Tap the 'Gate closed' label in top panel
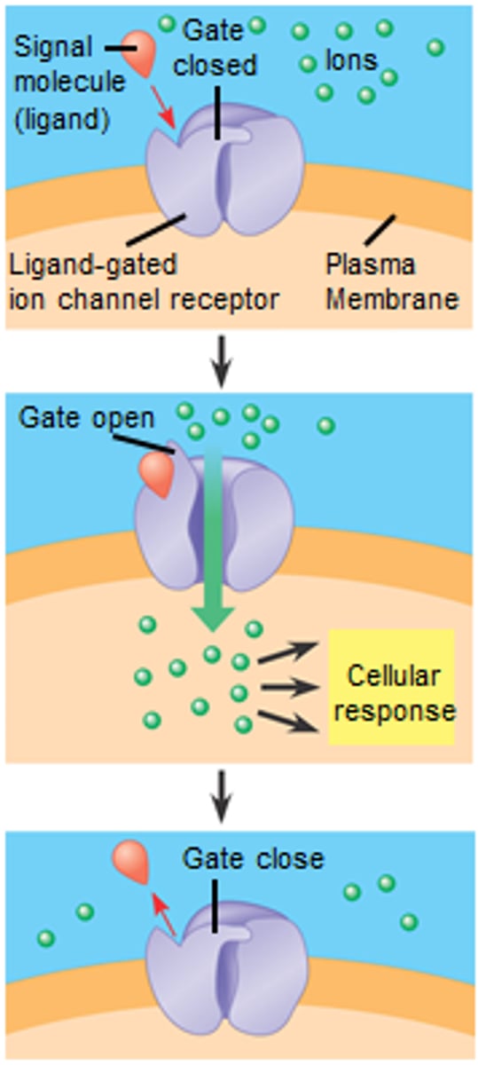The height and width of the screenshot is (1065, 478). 220,50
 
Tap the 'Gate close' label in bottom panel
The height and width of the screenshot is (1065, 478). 253,858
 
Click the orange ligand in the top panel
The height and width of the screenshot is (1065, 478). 141,53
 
